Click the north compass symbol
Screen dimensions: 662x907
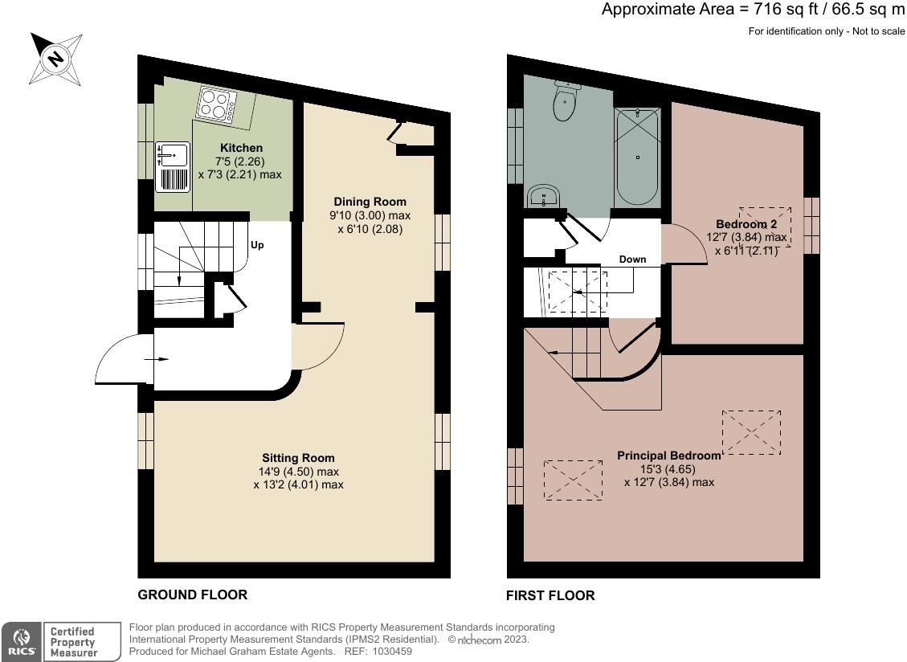coord(55,58)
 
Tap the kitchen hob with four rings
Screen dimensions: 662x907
coord(216,105)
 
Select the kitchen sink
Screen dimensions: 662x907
coord(171,153)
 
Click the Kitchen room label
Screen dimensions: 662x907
coord(241,148)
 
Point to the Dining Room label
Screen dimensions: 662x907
coord(370,202)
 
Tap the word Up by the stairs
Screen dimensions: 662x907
coord(257,244)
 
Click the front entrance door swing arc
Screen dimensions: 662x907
coord(121,359)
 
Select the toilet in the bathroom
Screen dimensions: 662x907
coord(566,102)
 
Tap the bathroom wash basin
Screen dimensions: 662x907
coord(545,196)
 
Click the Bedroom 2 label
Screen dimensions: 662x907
coord(746,223)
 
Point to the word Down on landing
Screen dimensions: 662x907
coord(633,259)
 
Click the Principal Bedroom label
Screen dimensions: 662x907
coord(668,456)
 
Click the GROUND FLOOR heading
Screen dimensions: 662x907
coord(192,595)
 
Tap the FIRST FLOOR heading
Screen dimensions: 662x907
coord(550,595)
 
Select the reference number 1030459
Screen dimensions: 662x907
coord(390,652)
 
